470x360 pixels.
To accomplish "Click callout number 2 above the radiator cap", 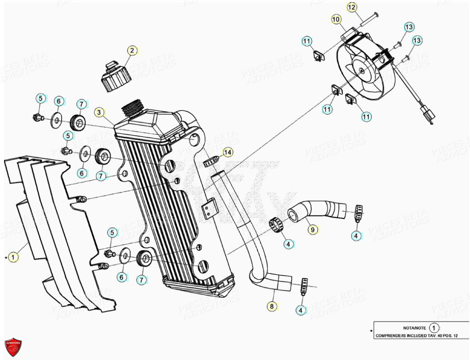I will [x=131, y=50].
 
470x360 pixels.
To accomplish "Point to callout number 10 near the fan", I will [x=336, y=19].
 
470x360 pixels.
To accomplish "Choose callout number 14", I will [x=228, y=153].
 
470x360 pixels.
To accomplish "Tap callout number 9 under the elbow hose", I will [x=313, y=230].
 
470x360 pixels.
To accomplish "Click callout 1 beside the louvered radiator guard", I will [x=14, y=257].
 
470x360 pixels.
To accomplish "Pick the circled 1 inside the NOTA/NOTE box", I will [x=433, y=328].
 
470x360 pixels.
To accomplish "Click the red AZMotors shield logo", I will [x=13, y=347].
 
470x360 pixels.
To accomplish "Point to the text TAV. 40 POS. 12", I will [x=441, y=336].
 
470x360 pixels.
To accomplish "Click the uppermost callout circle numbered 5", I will [x=40, y=99].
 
